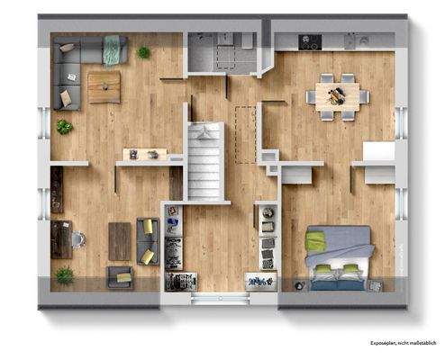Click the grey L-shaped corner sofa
67,67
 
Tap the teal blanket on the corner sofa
113,49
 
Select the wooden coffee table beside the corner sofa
104,87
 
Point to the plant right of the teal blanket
144,53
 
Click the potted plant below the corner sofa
64,127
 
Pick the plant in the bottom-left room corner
64,275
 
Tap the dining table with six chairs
338,94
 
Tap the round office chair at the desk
78,239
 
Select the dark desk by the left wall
60,239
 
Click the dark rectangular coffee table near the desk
120,240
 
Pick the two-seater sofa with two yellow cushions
148,241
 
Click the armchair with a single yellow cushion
119,275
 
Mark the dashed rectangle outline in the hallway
244,133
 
